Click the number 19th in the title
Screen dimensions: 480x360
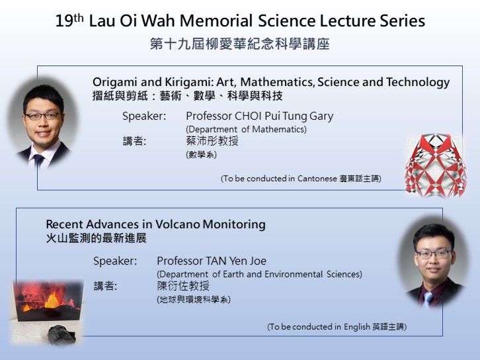click(69, 21)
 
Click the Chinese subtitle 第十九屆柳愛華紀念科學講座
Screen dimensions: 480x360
click(240, 44)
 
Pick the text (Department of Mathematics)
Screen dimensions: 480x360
click(246, 129)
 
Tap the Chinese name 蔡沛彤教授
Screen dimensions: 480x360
click(212, 141)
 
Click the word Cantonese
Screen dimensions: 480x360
click(317, 179)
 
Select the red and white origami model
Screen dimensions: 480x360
click(436, 165)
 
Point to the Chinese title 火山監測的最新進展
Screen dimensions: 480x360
click(96, 238)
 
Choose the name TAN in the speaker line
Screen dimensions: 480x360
click(216, 261)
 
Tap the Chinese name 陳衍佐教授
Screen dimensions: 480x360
click(183, 286)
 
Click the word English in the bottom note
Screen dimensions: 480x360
click(357, 327)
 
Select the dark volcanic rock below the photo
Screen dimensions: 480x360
click(61, 335)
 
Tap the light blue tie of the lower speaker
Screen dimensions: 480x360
click(427, 299)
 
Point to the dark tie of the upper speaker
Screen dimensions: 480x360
click(39, 161)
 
